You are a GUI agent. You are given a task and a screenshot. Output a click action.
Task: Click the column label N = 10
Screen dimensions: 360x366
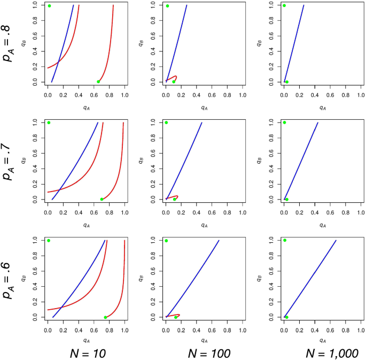point(88,353)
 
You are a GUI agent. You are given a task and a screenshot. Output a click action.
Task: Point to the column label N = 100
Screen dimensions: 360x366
point(209,353)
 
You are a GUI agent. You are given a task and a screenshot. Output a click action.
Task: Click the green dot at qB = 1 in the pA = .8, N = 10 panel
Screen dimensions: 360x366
point(49,6)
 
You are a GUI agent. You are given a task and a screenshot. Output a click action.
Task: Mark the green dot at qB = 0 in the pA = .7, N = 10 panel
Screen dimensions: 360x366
point(102,200)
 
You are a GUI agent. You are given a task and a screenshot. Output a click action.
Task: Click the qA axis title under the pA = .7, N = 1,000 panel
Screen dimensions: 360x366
point(322,226)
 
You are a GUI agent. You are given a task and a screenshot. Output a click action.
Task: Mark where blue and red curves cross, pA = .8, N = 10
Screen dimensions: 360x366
point(58,62)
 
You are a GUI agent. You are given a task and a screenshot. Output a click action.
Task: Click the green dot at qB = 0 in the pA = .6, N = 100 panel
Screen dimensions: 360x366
point(175,317)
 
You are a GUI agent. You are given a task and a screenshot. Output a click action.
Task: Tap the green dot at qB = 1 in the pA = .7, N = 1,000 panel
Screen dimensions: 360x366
point(284,122)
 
